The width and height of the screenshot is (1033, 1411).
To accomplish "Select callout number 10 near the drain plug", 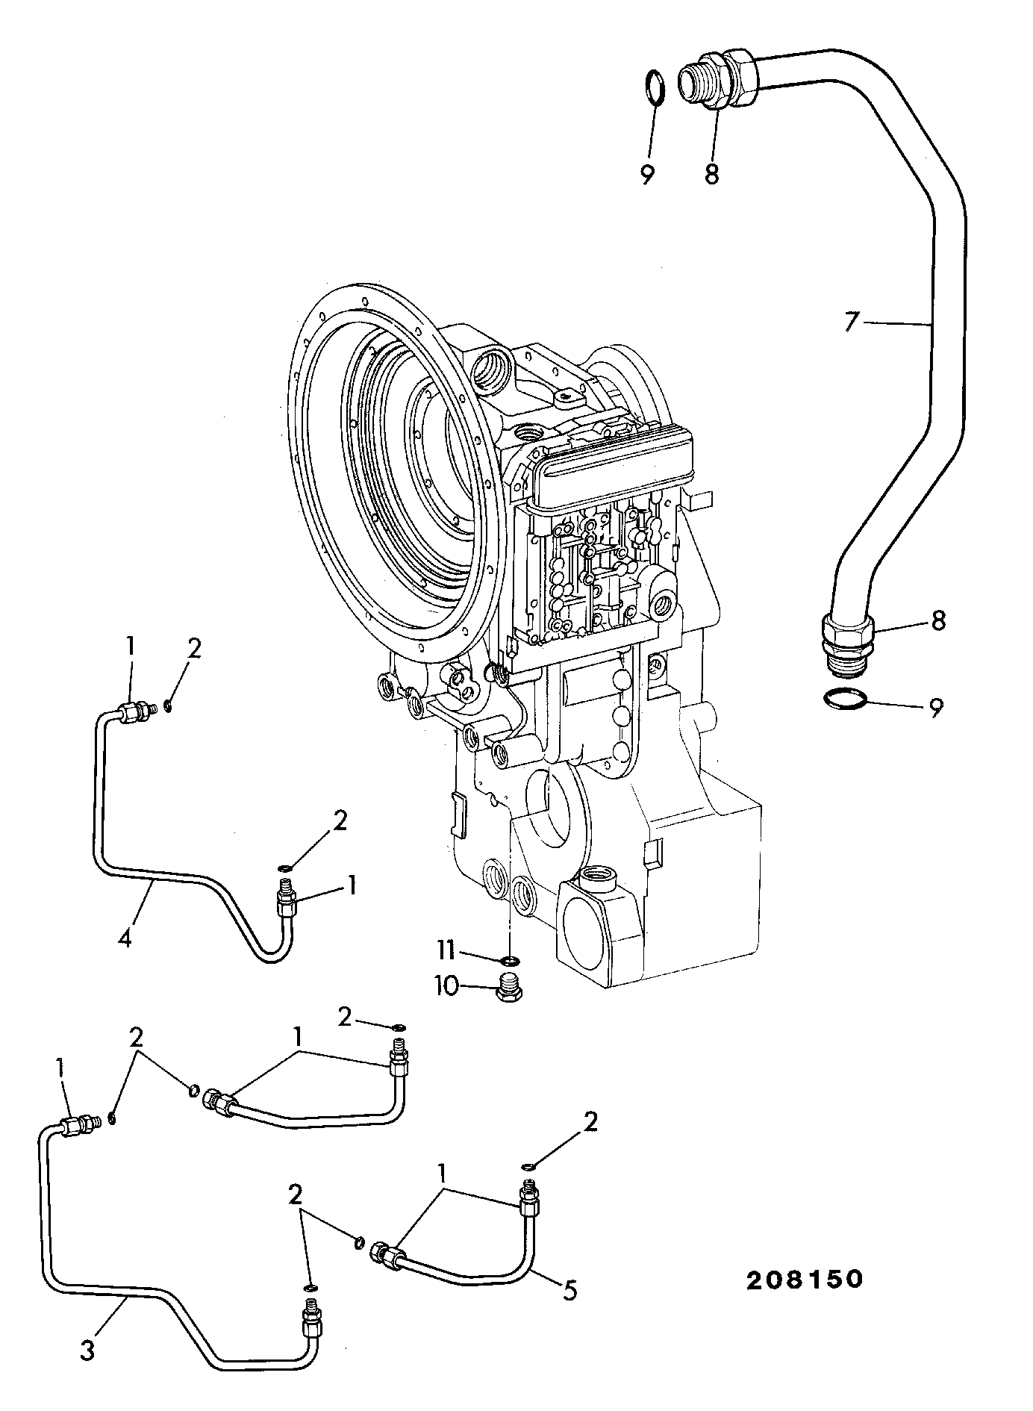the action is click(446, 986).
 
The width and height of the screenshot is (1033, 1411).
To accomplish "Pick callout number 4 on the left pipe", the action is click(125, 937).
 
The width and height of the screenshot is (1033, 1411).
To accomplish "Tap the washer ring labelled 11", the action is click(510, 959).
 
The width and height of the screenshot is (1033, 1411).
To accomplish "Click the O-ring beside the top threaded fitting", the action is click(654, 88).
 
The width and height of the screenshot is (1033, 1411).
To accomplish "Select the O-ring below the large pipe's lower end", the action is click(846, 699).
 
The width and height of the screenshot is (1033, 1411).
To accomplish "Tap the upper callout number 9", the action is click(647, 175).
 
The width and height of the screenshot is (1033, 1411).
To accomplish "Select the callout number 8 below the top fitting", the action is click(711, 175).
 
